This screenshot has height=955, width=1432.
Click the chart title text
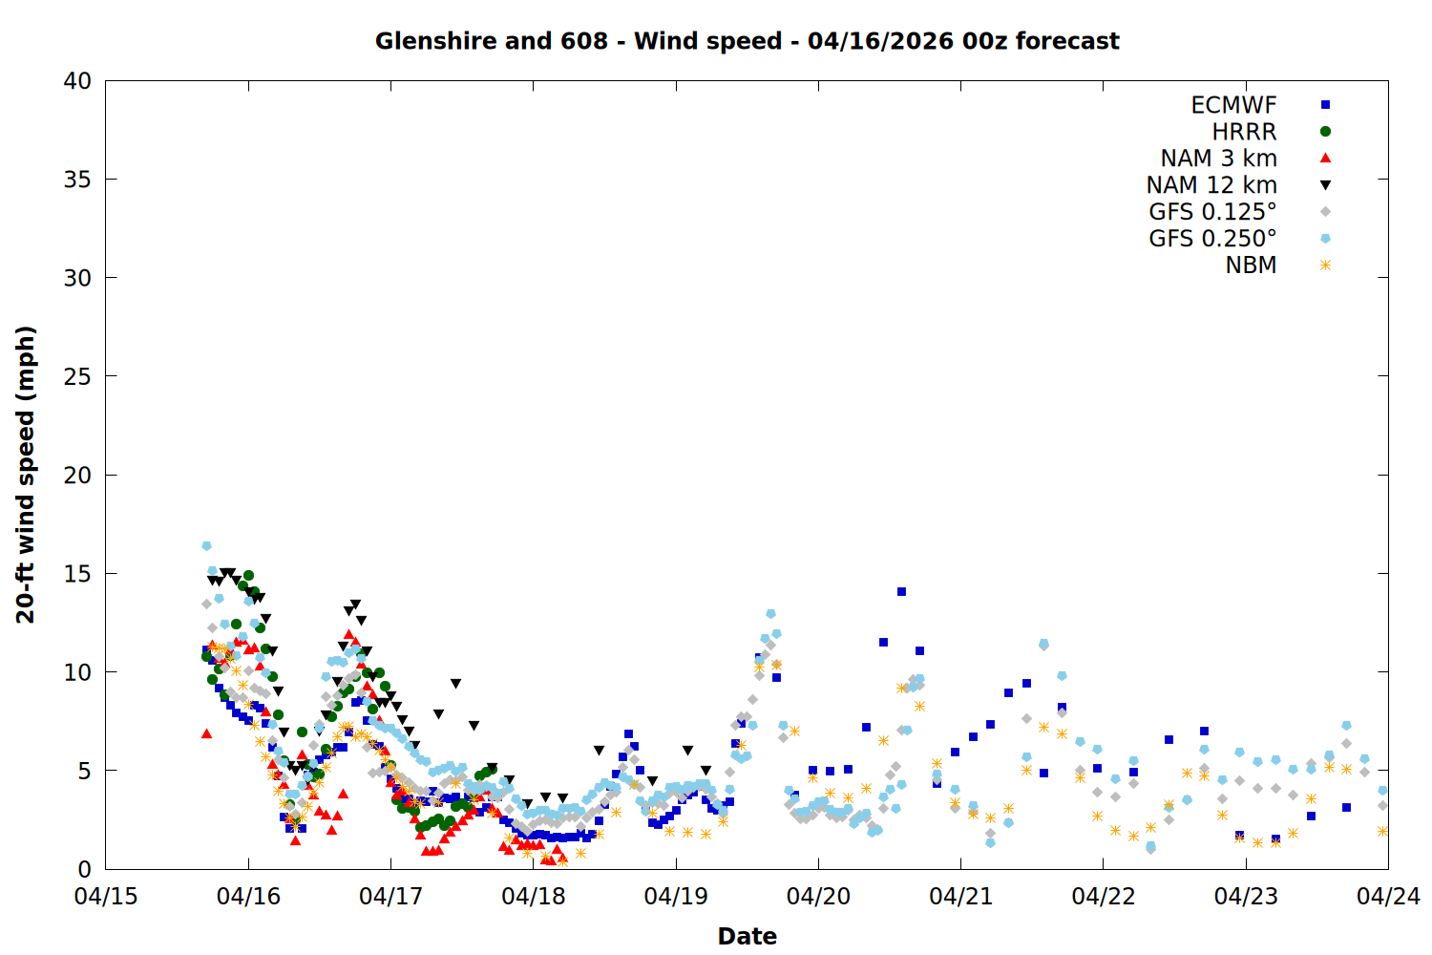[x=747, y=41]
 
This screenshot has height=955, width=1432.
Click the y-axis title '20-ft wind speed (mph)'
[x=26, y=475]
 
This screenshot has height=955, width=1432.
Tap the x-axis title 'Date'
[x=747, y=936]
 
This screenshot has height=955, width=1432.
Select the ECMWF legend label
[x=1233, y=105]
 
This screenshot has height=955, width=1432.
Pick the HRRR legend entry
[x=1244, y=132]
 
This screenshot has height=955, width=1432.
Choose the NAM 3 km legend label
[x=1218, y=159]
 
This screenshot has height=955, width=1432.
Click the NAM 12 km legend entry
[x=1211, y=185]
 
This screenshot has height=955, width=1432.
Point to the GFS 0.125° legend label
[x=1212, y=212]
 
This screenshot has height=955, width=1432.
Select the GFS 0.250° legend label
[x=1212, y=239]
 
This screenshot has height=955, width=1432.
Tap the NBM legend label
[x=1251, y=265]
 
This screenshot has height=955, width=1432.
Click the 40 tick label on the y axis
[x=77, y=81]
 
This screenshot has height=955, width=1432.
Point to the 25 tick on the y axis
[x=77, y=376]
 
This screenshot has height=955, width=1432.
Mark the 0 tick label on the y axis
[x=84, y=869]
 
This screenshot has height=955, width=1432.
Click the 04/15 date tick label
[x=106, y=897]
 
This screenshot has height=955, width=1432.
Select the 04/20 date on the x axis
[x=818, y=897]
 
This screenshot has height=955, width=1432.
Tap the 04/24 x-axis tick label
[x=1388, y=897]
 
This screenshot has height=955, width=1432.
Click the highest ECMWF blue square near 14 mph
[x=901, y=592]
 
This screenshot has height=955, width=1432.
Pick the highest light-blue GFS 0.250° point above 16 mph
[x=206, y=546]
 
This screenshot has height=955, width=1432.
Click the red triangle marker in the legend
[x=1325, y=159]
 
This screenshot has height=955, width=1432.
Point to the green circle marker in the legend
[x=1325, y=132]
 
